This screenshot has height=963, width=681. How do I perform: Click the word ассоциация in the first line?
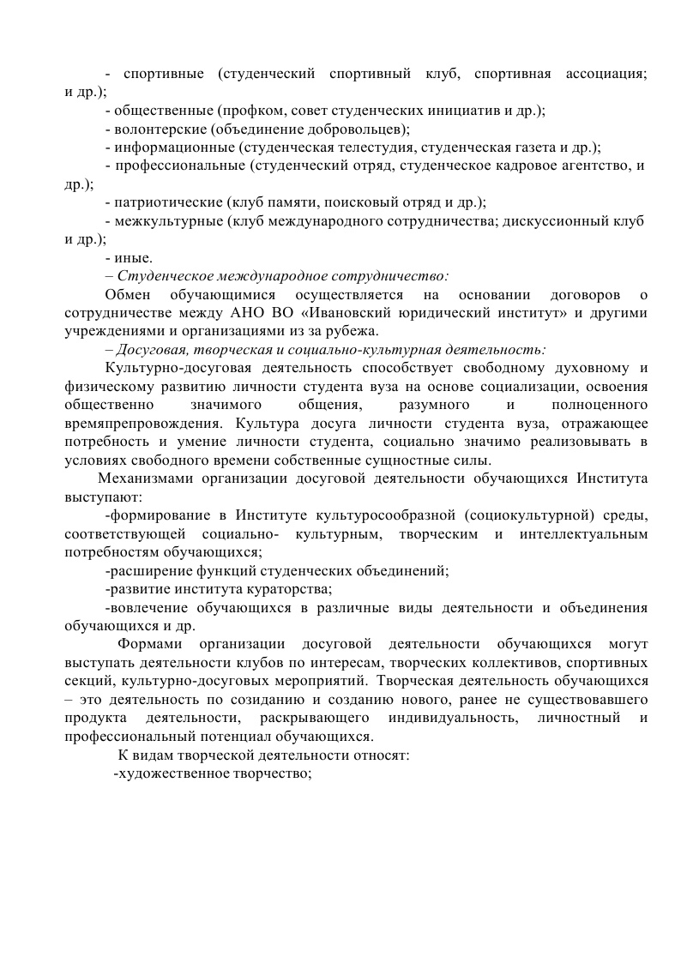(606, 74)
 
